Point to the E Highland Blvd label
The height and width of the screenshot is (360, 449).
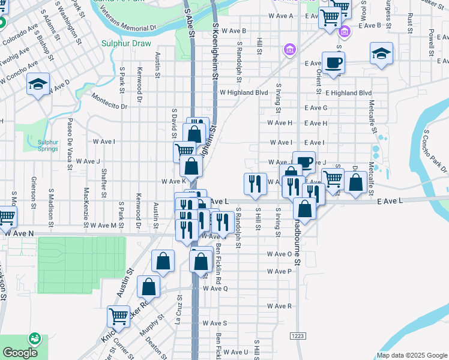tap(348, 93)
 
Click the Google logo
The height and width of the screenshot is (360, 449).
tap(20, 353)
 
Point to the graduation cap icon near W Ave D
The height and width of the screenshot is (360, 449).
tap(38, 84)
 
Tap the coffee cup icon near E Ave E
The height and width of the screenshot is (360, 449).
tap(333, 62)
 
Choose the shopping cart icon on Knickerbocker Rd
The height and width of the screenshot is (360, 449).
tap(118, 316)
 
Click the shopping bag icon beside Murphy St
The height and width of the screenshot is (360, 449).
tap(148, 287)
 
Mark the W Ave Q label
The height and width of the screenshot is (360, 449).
tap(215, 289)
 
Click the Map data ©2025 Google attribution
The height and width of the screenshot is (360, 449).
tap(412, 355)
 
